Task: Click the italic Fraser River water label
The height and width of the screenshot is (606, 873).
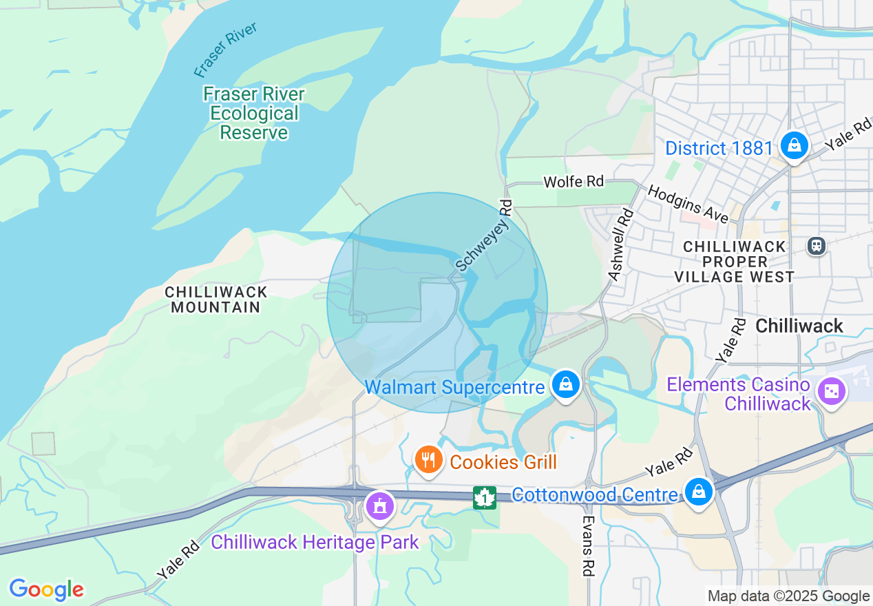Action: click(225, 50)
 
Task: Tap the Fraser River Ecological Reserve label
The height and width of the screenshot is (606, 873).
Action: click(254, 113)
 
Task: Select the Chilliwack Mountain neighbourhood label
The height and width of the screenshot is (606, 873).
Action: click(215, 300)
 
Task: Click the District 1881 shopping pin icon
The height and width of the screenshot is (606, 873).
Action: click(794, 145)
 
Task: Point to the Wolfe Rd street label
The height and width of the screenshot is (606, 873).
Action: click(573, 182)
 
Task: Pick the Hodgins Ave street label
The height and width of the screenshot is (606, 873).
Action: click(687, 204)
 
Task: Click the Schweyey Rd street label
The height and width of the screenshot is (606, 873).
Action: click(485, 236)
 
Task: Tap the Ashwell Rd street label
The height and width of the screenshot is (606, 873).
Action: click(620, 244)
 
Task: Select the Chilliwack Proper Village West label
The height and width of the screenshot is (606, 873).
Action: click(734, 262)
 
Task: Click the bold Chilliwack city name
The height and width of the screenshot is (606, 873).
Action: click(799, 326)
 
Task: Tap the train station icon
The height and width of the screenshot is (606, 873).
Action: click(817, 245)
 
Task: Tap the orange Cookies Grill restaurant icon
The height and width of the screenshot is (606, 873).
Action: click(428, 459)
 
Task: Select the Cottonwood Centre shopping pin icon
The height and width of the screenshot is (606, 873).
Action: click(699, 492)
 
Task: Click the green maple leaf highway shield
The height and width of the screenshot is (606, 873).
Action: click(485, 497)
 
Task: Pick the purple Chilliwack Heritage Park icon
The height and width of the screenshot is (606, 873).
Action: click(378, 506)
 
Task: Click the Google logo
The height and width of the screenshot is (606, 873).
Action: click(46, 589)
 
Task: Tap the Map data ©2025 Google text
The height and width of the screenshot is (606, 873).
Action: click(788, 596)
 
